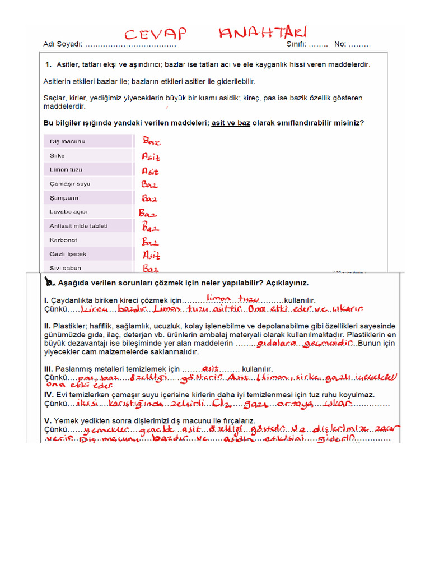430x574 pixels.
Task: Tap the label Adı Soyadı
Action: [63, 44]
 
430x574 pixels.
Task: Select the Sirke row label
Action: [57, 155]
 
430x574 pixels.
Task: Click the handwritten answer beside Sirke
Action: [150, 157]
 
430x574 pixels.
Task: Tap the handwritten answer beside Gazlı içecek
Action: [151, 256]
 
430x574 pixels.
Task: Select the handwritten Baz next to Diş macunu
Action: [151, 142]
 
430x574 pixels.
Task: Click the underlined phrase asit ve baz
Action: [231, 123]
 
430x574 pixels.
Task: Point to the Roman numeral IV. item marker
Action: [49, 395]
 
